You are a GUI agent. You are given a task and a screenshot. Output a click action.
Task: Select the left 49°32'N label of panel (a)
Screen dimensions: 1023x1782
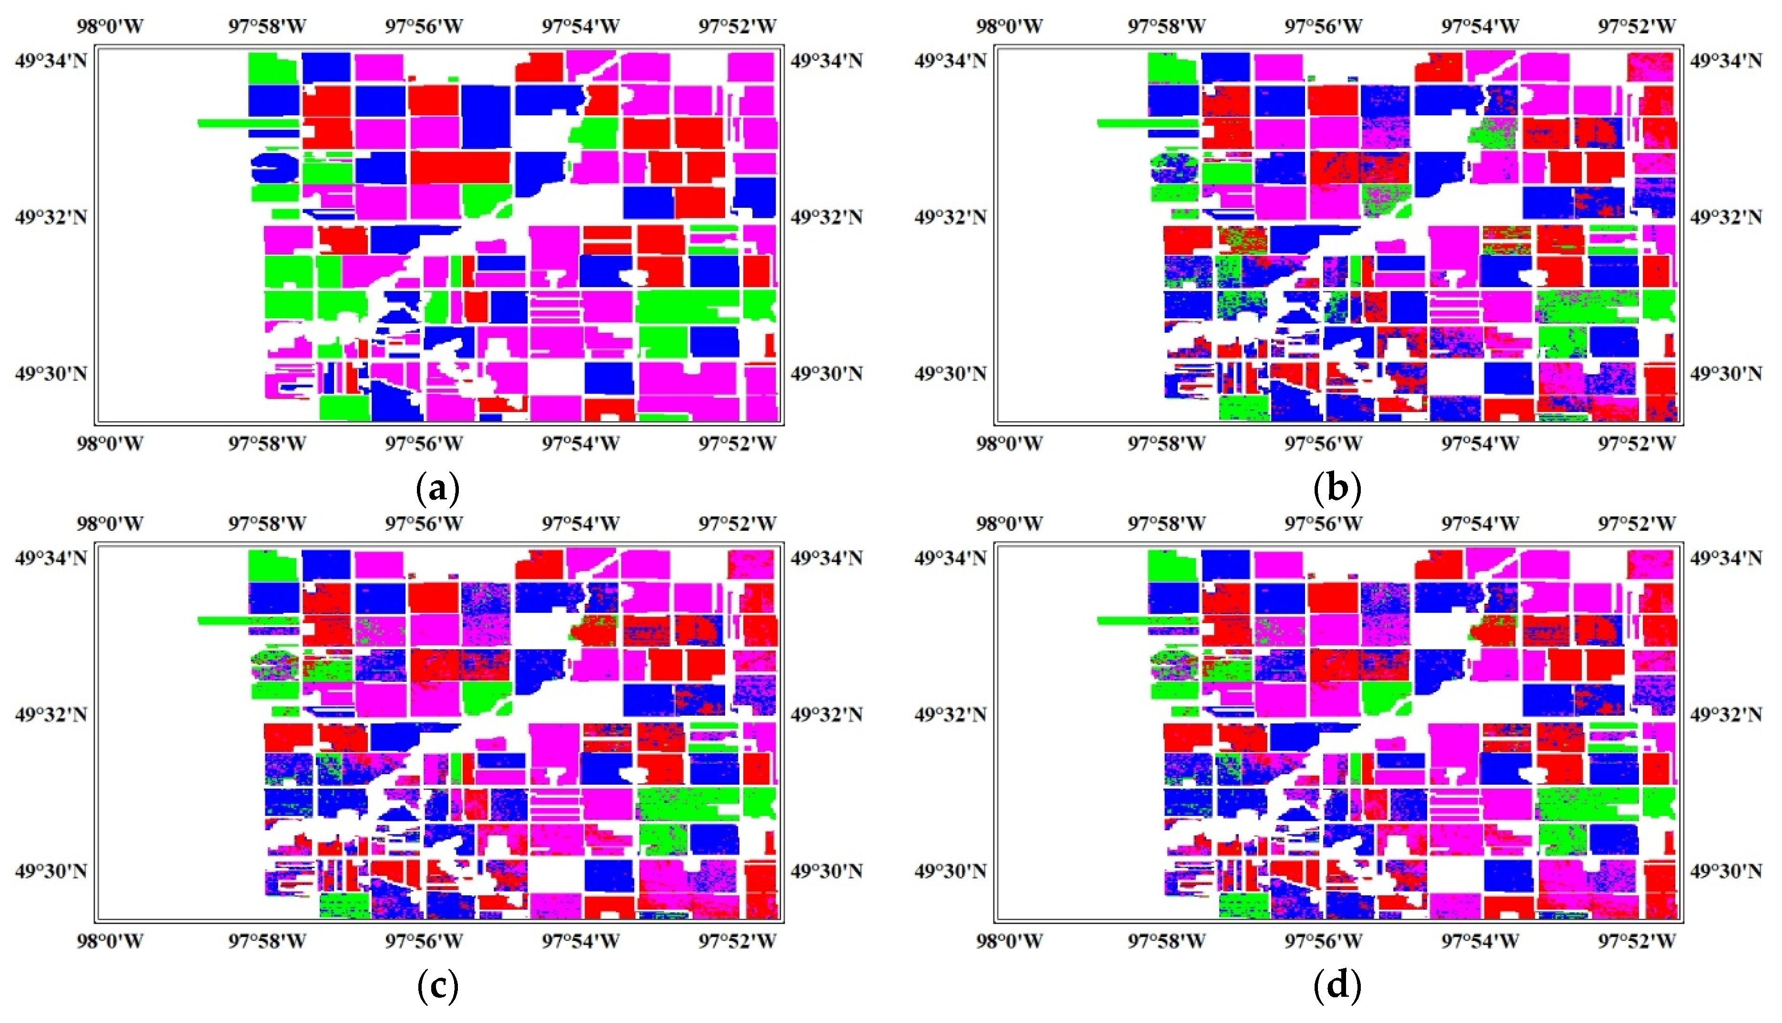51,217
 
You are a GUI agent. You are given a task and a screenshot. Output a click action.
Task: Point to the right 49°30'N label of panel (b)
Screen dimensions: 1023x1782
1725,373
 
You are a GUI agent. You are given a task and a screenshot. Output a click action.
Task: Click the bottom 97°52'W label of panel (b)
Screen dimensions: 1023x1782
1637,443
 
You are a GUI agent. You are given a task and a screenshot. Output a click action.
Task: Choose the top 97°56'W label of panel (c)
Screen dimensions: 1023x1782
424,524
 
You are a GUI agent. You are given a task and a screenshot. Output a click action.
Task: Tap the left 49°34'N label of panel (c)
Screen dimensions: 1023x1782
51,558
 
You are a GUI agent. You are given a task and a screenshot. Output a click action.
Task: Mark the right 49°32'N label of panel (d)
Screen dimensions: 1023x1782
1725,715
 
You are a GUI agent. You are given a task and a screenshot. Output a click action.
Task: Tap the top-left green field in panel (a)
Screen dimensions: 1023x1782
273,69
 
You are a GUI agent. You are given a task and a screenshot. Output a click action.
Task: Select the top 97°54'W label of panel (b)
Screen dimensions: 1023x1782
1480,27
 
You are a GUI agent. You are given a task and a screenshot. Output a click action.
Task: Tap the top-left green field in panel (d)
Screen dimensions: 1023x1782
1172,567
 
